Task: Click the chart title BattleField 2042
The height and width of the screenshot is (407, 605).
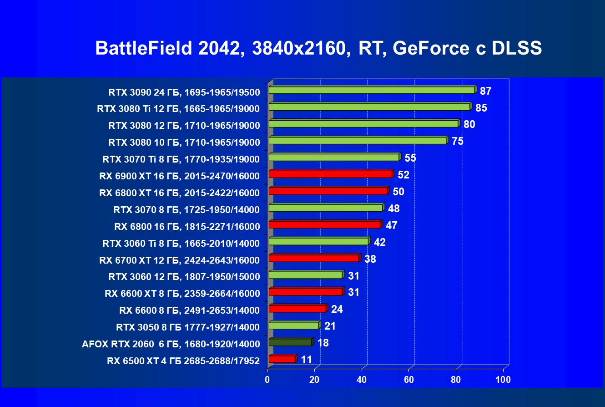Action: click(x=318, y=48)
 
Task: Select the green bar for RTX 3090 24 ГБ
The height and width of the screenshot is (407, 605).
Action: click(x=372, y=90)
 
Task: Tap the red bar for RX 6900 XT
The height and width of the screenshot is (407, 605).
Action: click(x=330, y=174)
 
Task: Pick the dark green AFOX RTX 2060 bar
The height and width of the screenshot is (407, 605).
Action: click(x=290, y=342)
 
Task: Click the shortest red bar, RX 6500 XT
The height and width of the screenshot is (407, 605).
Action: click(x=282, y=359)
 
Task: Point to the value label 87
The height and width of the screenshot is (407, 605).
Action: click(x=485, y=91)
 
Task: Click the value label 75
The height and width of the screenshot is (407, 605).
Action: click(x=457, y=141)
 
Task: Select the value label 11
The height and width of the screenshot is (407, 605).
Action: click(x=307, y=360)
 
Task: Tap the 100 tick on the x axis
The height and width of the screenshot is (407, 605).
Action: click(x=503, y=380)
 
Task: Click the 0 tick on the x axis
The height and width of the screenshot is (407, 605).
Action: click(x=267, y=380)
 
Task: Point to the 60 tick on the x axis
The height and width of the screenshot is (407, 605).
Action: click(x=409, y=380)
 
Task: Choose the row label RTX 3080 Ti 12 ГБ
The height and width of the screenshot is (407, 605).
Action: click(x=178, y=109)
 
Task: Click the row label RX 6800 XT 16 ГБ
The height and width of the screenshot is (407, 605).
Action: click(x=179, y=193)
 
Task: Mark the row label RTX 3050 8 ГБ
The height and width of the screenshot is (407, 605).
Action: click(x=187, y=327)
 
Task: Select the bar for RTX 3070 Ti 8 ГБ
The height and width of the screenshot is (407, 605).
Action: click(x=334, y=157)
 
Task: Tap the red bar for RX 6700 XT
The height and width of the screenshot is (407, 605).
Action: click(x=314, y=258)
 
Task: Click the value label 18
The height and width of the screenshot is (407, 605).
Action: click(x=323, y=343)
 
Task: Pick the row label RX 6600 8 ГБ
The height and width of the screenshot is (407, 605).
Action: click(x=189, y=310)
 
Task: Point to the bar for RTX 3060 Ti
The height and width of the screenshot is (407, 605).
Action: click(x=318, y=241)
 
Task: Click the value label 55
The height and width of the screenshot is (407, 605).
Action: click(x=410, y=158)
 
